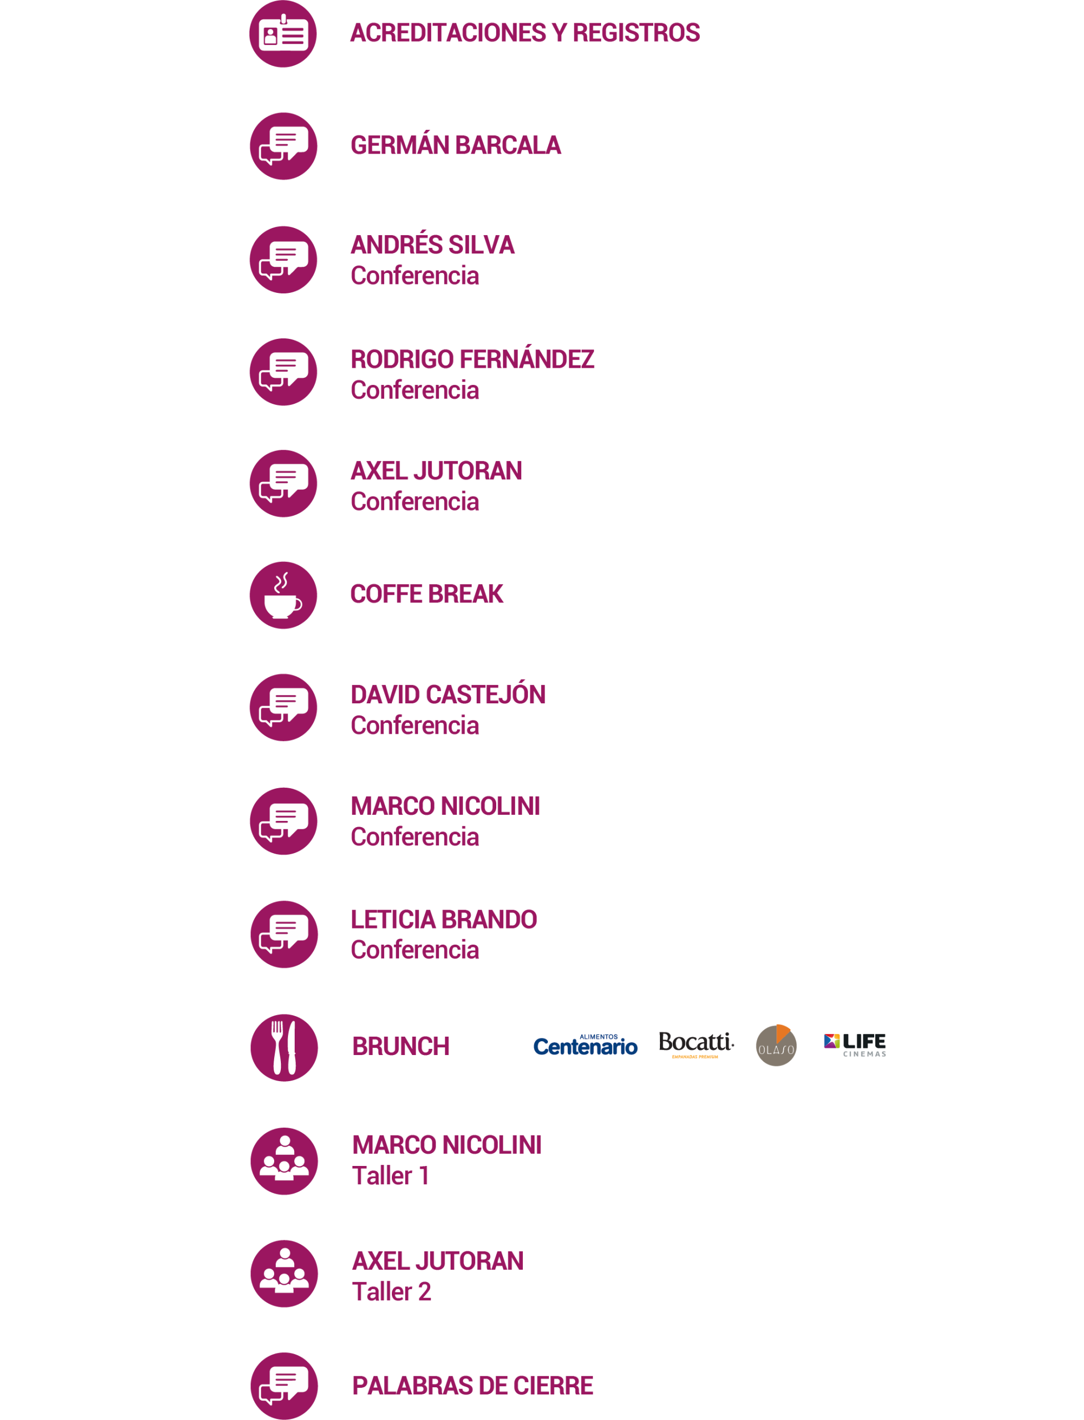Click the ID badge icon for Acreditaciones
tap(283, 33)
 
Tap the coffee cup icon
tap(283, 595)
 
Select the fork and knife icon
tap(284, 1047)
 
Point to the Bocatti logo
tap(695, 1043)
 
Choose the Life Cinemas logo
tap(855, 1044)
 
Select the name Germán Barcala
tap(456, 146)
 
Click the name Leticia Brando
tap(444, 919)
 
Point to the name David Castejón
tap(448, 694)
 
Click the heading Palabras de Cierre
tap(472, 1385)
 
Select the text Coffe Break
tap(426, 594)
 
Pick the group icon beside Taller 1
tap(284, 1161)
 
